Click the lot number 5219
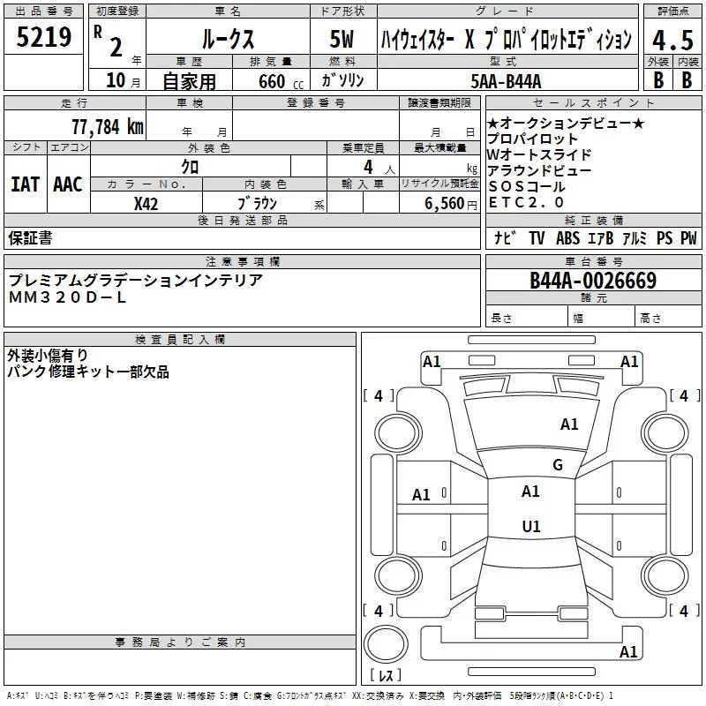(43, 37)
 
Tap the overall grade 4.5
(672, 41)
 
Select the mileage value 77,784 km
(108, 126)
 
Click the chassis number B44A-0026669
(593, 281)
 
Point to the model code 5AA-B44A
(506, 81)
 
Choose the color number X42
(146, 204)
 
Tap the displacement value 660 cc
(281, 81)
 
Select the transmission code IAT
(26, 184)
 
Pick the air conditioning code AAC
(68, 184)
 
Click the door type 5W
(342, 39)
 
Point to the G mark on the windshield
(558, 465)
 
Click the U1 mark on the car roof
(531, 526)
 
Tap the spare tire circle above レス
(386, 644)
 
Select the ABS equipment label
(567, 237)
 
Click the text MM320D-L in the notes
(67, 297)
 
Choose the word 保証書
(30, 237)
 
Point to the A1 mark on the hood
(569, 424)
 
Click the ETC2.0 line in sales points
(526, 203)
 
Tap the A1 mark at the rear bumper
(628, 651)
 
